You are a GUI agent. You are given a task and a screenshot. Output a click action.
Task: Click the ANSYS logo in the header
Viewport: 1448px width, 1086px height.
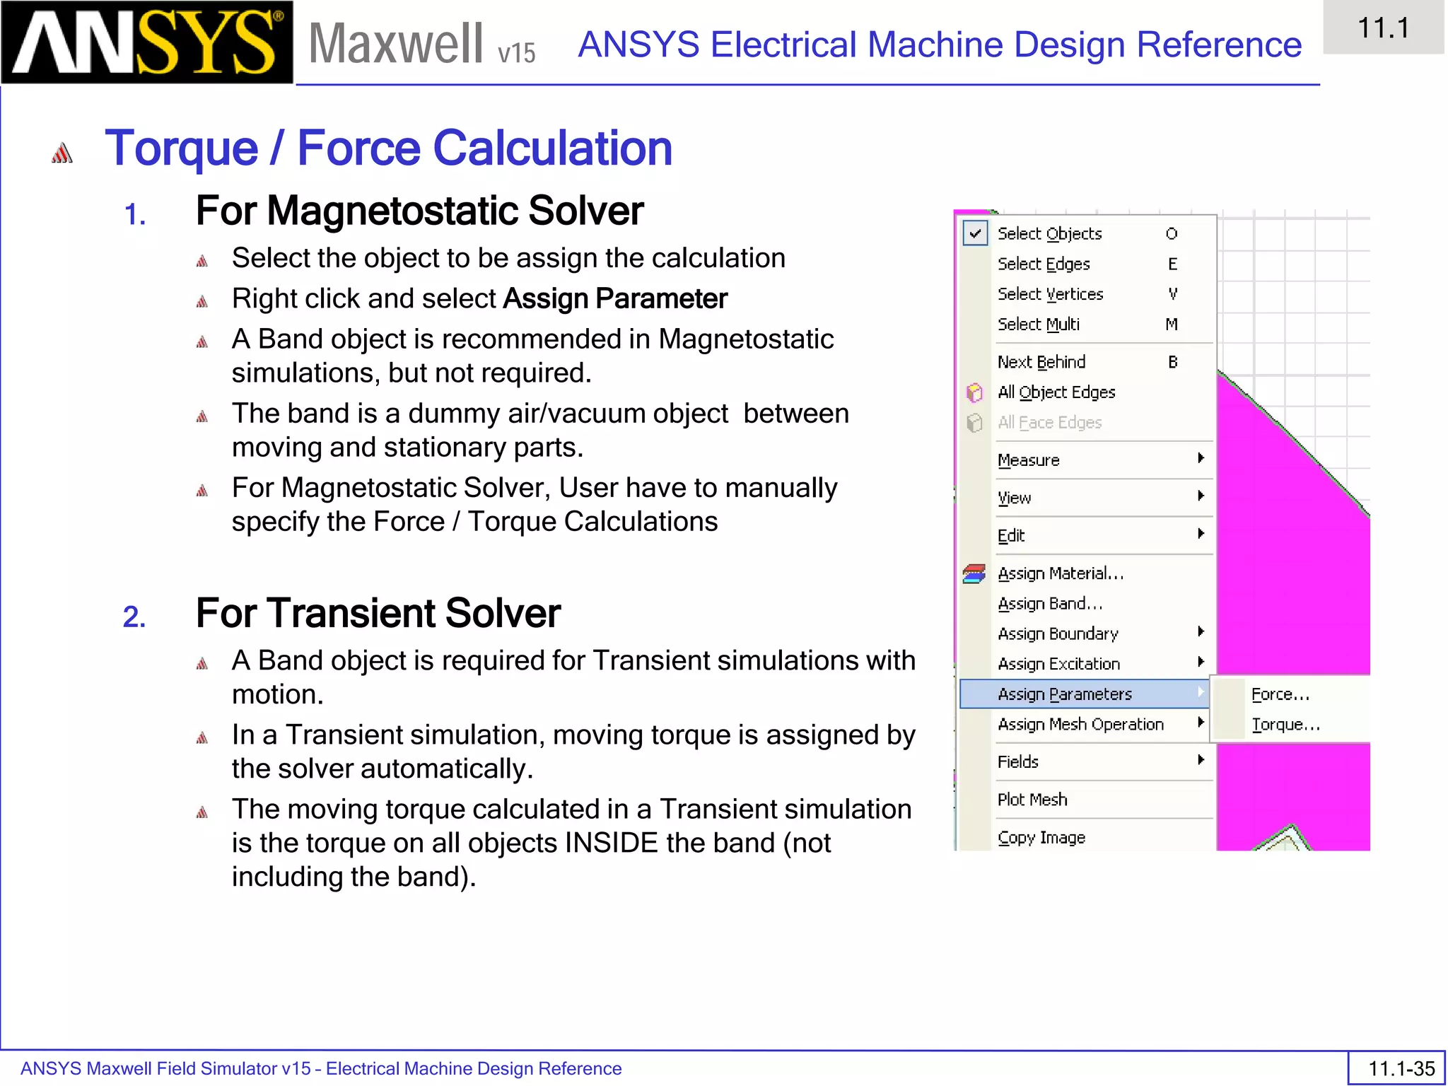[x=147, y=42]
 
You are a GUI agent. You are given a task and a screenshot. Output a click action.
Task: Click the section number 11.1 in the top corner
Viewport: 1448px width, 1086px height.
[x=1383, y=28]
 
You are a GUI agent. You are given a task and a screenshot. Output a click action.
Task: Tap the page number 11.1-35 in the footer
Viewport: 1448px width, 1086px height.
[x=1401, y=1068]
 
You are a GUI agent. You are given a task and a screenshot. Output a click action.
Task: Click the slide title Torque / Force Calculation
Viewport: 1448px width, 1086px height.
[x=388, y=148]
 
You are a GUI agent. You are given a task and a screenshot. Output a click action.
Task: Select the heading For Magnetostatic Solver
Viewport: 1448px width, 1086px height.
[x=419, y=211]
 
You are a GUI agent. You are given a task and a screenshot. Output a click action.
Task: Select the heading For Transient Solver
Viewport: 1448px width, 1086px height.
[x=378, y=613]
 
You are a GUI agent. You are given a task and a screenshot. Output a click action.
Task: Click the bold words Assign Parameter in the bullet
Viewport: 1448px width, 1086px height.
[x=615, y=299]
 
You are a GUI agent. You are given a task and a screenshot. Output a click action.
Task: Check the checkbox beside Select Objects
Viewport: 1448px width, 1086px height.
[x=975, y=233]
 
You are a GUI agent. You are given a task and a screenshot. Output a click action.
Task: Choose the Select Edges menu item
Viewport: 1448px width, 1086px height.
[x=1044, y=264]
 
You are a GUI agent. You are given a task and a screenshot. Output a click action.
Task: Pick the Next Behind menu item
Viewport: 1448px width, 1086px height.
[x=1041, y=362]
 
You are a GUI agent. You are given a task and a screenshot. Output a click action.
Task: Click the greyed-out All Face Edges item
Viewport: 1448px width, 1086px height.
[x=1049, y=423]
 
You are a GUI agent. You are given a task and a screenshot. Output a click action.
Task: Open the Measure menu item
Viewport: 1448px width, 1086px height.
[x=1028, y=460]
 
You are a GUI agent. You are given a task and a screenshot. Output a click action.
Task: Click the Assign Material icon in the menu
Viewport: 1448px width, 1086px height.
[x=974, y=573]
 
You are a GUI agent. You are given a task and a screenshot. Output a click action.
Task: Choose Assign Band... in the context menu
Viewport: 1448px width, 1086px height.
[x=1050, y=604]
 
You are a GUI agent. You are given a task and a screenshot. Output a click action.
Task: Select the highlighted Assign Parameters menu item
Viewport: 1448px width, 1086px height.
[x=1065, y=694]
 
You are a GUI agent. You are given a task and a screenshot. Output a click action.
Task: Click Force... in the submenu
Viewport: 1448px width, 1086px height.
[x=1280, y=694]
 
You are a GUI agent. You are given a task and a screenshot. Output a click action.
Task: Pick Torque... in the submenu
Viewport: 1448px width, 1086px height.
[x=1285, y=725]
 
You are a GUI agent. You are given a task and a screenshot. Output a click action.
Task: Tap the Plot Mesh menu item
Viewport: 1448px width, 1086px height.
[x=1032, y=800]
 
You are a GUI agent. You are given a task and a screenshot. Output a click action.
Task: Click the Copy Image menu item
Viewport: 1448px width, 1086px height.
[x=1041, y=838]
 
